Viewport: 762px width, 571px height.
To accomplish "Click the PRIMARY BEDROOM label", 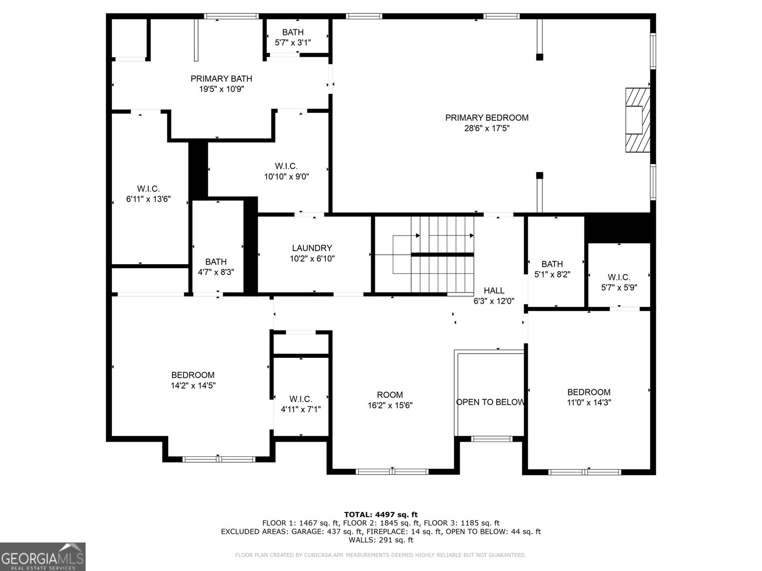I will pyautogui.click(x=487, y=118).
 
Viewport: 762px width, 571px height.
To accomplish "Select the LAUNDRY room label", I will pyautogui.click(x=312, y=248).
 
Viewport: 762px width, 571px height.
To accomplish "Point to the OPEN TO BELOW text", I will pyautogui.click(x=490, y=402).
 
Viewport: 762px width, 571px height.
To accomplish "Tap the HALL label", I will pyautogui.click(x=494, y=291).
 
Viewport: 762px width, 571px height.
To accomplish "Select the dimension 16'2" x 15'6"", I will pyautogui.click(x=390, y=405).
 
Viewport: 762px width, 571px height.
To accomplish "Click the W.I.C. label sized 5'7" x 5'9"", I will pyautogui.click(x=619, y=277).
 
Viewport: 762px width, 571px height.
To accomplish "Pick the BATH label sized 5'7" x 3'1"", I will pyautogui.click(x=293, y=32).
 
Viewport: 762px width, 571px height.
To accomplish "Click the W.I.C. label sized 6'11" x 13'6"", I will pyautogui.click(x=148, y=189).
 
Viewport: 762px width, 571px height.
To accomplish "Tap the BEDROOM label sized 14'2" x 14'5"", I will pyautogui.click(x=193, y=375).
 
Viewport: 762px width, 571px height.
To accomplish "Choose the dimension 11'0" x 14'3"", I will pyautogui.click(x=589, y=402).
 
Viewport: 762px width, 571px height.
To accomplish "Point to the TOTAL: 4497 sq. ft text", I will pyautogui.click(x=381, y=514).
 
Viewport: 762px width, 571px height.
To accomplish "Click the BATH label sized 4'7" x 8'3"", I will pyautogui.click(x=216, y=262).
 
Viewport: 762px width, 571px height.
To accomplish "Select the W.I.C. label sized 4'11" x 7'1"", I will pyautogui.click(x=301, y=399).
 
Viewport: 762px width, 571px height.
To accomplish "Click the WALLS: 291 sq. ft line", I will pyautogui.click(x=381, y=540).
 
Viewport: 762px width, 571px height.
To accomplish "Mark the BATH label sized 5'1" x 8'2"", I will pyautogui.click(x=552, y=264).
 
